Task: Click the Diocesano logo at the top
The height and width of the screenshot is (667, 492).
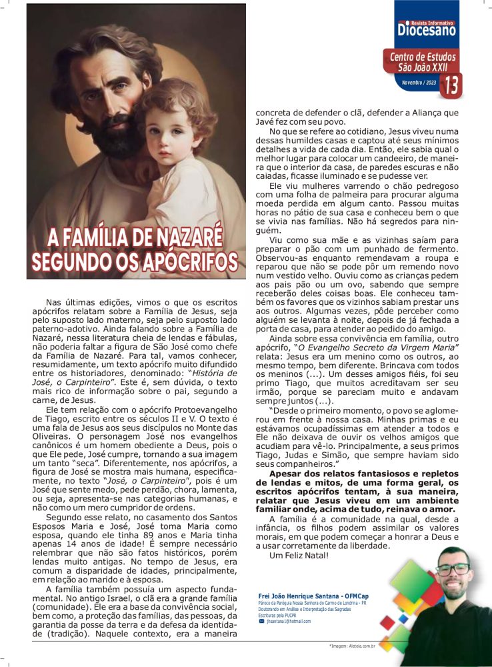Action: click(427, 28)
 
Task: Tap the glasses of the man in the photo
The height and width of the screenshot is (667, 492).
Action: click(453, 569)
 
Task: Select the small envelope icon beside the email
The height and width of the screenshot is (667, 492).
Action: click(261, 621)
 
